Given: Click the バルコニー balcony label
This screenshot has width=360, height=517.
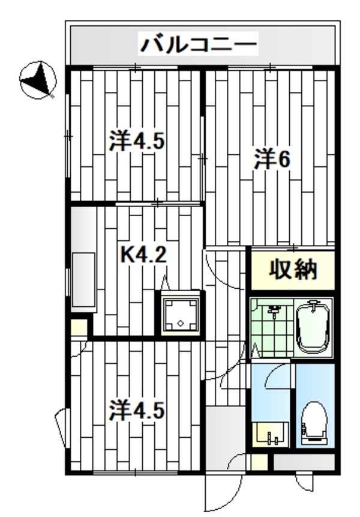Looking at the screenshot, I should (199, 44).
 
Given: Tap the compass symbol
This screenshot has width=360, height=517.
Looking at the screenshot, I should (37, 80).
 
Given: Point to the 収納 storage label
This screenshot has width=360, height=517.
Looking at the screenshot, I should (292, 271).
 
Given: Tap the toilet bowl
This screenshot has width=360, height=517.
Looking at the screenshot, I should (314, 421).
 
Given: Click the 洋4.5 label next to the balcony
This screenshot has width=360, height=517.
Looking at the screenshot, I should (136, 142).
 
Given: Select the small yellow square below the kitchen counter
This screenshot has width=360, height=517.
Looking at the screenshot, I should (79, 329).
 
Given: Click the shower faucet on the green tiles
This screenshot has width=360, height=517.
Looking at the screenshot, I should (274, 311).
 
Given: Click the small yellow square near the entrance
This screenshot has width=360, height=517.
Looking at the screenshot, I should (258, 463).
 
